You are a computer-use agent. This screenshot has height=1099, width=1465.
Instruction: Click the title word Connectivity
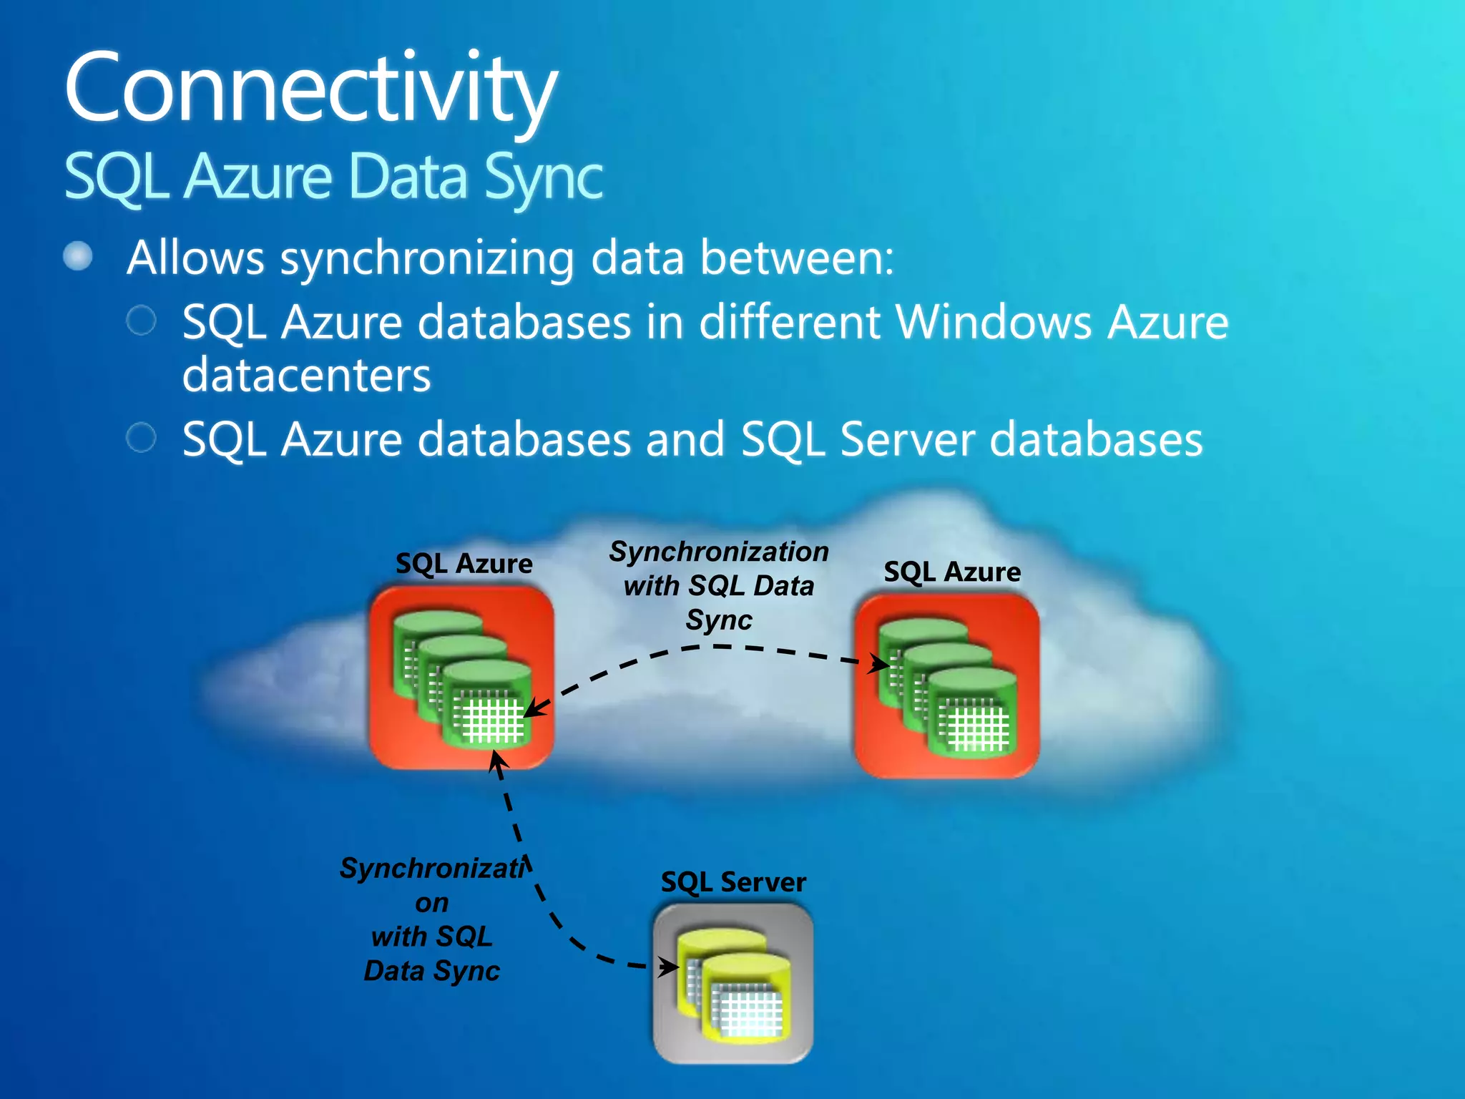[310, 89]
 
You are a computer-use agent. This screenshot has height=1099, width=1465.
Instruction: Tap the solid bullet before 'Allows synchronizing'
[78, 256]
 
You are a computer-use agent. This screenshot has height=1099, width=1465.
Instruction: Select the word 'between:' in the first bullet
[797, 258]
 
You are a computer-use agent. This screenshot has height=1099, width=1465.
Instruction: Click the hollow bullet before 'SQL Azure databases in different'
[141, 321]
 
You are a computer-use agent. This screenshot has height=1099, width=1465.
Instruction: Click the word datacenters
[307, 375]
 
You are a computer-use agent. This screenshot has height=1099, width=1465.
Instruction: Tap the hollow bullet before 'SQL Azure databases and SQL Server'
[141, 437]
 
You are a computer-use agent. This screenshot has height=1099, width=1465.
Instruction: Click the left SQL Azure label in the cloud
[464, 564]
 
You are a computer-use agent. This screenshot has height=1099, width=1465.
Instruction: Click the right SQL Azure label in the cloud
[952, 572]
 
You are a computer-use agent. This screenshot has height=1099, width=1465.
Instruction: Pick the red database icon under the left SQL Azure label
[461, 677]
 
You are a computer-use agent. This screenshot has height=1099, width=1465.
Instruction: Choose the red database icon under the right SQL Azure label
[947, 685]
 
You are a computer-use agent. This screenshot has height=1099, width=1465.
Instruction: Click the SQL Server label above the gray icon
[733, 882]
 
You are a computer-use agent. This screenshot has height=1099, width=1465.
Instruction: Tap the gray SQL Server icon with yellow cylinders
[733, 983]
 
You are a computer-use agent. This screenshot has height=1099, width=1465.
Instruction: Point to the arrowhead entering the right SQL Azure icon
[880, 664]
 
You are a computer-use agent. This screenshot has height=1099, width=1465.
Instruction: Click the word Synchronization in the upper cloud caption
[719, 552]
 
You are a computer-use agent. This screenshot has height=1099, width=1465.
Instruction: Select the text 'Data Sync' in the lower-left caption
[431, 971]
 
